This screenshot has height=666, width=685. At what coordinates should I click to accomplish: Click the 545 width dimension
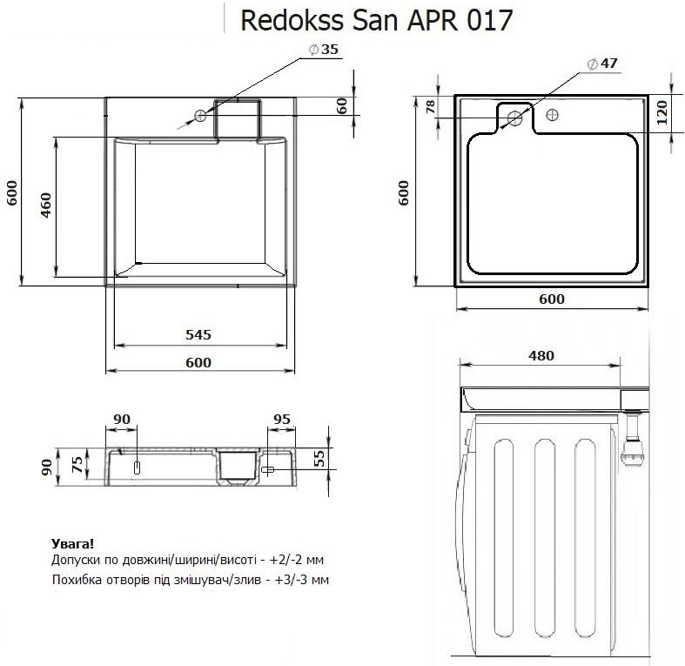tap(198, 334)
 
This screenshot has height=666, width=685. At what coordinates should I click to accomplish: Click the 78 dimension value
tap(429, 107)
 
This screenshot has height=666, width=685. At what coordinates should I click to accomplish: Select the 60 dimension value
tap(342, 105)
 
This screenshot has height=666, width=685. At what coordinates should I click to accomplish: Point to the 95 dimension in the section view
tap(282, 419)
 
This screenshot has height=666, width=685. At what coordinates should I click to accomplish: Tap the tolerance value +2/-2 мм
tap(292, 560)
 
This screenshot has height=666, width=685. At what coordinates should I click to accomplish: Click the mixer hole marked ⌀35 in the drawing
tap(201, 116)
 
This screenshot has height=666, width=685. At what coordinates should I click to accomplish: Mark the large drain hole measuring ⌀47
tap(514, 118)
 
